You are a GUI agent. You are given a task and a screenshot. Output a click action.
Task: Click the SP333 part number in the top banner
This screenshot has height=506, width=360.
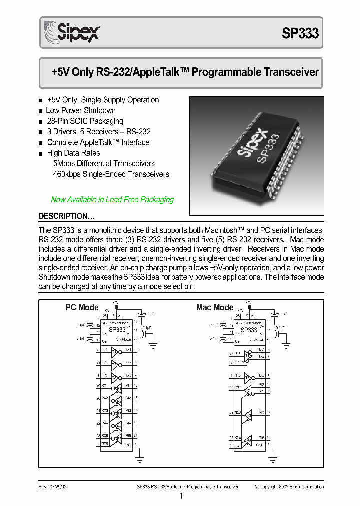pyautogui.click(x=300, y=33)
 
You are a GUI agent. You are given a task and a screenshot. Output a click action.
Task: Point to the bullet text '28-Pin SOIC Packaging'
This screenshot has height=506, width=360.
pyautogui.click(x=84, y=121)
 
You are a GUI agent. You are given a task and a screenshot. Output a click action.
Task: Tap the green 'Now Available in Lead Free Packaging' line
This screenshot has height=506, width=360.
pyautogui.click(x=112, y=199)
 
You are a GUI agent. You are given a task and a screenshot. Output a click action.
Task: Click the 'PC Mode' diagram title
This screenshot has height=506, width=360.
pyautogui.click(x=82, y=307)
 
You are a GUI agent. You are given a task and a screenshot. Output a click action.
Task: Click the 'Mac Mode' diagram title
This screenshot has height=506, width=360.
pyautogui.click(x=214, y=307)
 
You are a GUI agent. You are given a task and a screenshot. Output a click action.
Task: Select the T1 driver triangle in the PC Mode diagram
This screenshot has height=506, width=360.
pyautogui.click(x=115, y=351)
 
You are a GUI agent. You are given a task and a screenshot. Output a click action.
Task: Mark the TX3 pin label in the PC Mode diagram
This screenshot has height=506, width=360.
pyautogui.click(x=128, y=375)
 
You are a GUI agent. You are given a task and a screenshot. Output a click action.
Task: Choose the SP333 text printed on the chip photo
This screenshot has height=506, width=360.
pyautogui.click(x=268, y=147)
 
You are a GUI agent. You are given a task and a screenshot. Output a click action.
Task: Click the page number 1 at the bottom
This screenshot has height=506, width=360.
pyautogui.click(x=181, y=496)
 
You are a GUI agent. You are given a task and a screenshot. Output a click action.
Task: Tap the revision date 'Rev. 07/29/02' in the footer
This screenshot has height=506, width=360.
pyautogui.click(x=52, y=486)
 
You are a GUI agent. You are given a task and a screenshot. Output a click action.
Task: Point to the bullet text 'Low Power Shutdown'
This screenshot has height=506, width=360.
pyautogui.click(x=80, y=111)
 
